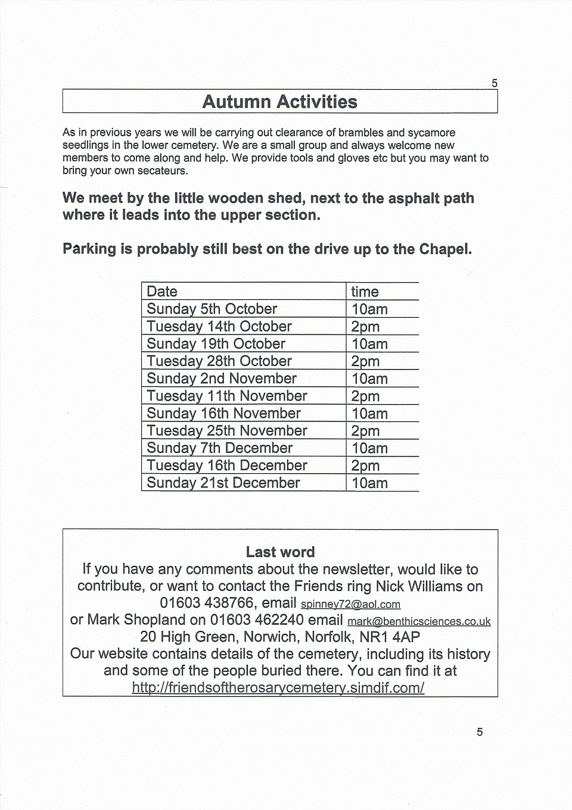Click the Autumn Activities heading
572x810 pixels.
tap(279, 102)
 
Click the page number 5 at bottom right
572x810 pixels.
tap(480, 732)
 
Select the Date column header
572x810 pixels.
tap(162, 292)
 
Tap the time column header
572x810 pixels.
tap(365, 292)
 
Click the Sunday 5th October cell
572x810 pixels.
tap(212, 309)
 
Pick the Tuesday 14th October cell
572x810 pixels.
tap(219, 326)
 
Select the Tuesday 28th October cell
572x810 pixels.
tap(219, 361)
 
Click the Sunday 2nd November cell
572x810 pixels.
tap(221, 379)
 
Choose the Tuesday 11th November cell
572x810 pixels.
tap(226, 396)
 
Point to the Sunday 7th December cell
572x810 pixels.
tap(219, 448)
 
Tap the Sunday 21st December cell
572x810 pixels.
tap(223, 483)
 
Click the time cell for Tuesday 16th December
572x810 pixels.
tap(365, 465)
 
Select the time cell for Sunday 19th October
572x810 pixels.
tap(369, 344)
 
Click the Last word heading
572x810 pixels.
tap(280, 552)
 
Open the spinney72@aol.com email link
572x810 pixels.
tap(350, 604)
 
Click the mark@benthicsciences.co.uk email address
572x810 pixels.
tap(419, 621)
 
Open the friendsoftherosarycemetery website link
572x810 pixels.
tap(278, 688)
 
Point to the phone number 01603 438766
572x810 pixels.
tap(207, 603)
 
